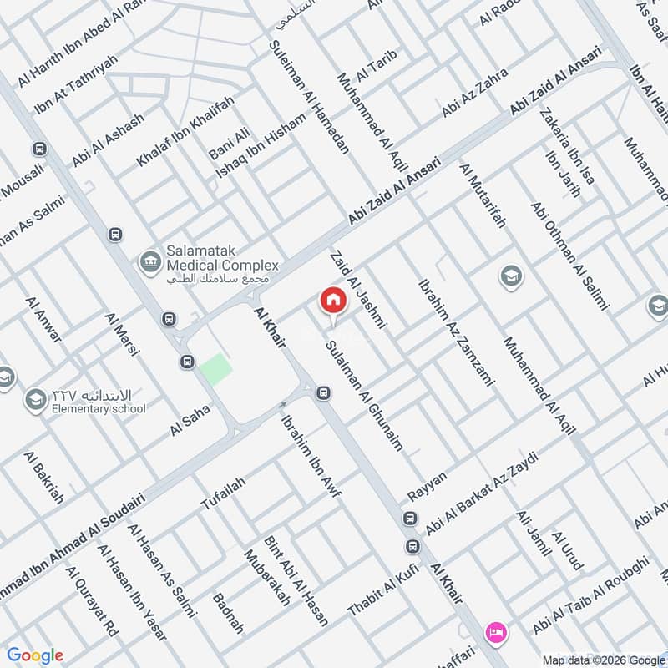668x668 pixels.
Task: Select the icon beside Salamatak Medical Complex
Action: click(150, 260)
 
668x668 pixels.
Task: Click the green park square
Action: click(215, 369)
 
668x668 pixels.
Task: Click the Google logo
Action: click(35, 655)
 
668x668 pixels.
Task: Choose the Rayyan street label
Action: click(428, 487)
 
